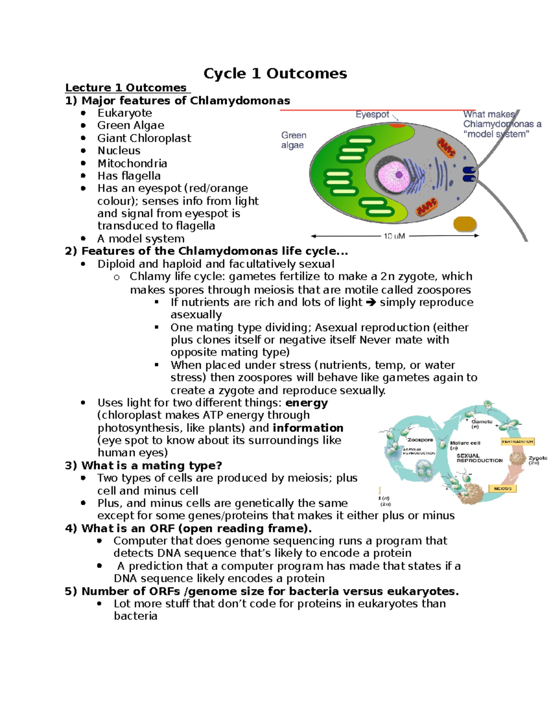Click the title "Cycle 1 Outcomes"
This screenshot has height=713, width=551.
[x=275, y=73]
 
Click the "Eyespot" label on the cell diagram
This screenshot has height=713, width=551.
[x=372, y=114]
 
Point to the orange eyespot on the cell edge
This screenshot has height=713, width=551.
[x=397, y=125]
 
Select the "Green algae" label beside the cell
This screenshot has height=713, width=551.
[x=293, y=140]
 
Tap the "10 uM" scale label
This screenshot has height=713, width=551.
[x=394, y=236]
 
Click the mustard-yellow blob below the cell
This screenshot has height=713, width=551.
[x=465, y=224]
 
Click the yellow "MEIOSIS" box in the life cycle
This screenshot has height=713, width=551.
[x=503, y=488]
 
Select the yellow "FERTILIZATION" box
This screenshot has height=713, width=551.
[x=517, y=441]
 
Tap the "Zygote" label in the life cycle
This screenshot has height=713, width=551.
[x=537, y=458]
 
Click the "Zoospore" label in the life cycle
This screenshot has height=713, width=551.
[x=420, y=439]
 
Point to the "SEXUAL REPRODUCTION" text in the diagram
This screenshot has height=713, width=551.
[x=479, y=458]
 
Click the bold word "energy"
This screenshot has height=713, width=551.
[x=306, y=403]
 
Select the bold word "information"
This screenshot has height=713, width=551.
[x=308, y=428]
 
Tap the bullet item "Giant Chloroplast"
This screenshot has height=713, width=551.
[x=144, y=138]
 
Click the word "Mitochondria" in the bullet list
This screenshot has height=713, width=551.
[x=132, y=163]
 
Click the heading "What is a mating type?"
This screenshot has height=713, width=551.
[x=152, y=466]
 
